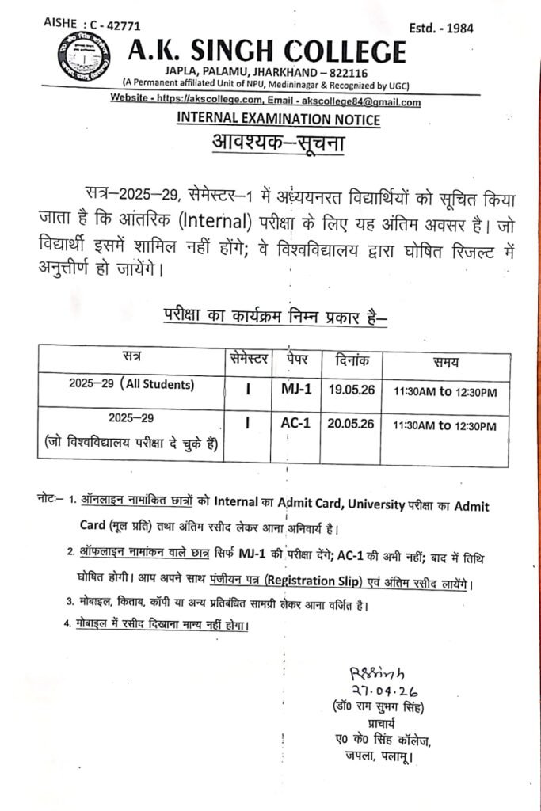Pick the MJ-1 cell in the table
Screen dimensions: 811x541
tap(297, 389)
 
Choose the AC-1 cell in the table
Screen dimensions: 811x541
tap(296, 424)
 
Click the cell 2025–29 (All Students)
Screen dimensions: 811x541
tap(131, 386)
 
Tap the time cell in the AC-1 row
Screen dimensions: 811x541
tap(444, 426)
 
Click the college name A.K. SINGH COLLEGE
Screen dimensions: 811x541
tap(267, 52)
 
